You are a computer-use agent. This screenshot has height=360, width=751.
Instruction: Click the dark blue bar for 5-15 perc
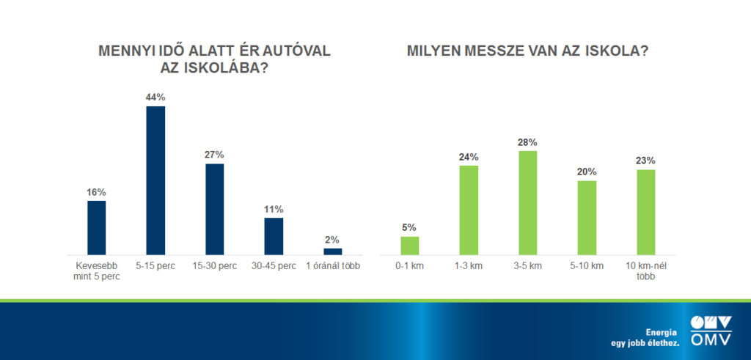pos(155,180)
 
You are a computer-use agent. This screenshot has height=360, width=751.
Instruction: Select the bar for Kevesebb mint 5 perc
pos(96,227)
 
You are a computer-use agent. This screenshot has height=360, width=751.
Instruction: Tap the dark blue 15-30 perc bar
pos(214,209)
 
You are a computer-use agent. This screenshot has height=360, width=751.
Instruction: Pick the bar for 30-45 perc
pos(274,236)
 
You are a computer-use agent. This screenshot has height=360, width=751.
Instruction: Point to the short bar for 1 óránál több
pos(332,251)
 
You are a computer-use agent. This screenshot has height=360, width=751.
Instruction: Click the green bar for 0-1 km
pos(409,246)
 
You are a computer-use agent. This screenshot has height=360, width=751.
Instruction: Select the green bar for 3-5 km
pos(527,202)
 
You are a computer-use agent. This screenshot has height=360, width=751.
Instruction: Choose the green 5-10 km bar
pos(587,218)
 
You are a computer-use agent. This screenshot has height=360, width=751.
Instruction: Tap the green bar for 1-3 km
pos(469,210)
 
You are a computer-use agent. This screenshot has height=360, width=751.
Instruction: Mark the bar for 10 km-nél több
pos(645,212)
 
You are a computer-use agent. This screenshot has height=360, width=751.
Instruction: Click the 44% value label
pos(155,98)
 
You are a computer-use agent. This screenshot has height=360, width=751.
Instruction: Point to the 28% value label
pos(527,142)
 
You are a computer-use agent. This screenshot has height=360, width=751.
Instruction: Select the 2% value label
pos(332,239)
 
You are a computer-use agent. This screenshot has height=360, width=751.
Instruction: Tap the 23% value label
pos(645,161)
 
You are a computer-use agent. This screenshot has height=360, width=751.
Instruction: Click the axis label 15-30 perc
pos(214,265)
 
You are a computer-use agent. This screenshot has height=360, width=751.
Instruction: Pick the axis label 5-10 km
pos(587,265)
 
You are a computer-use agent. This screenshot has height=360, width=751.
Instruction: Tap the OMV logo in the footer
pos(711,330)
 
